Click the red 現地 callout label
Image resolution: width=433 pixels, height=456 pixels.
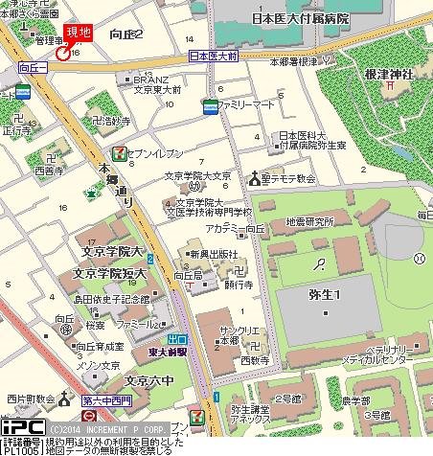tap(78, 32)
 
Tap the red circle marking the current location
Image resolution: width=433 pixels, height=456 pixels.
tap(63, 54)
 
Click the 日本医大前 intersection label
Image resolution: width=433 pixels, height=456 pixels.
tap(212, 58)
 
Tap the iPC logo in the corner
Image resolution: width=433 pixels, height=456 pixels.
tap(20, 426)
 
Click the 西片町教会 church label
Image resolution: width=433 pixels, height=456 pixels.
tap(28, 398)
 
